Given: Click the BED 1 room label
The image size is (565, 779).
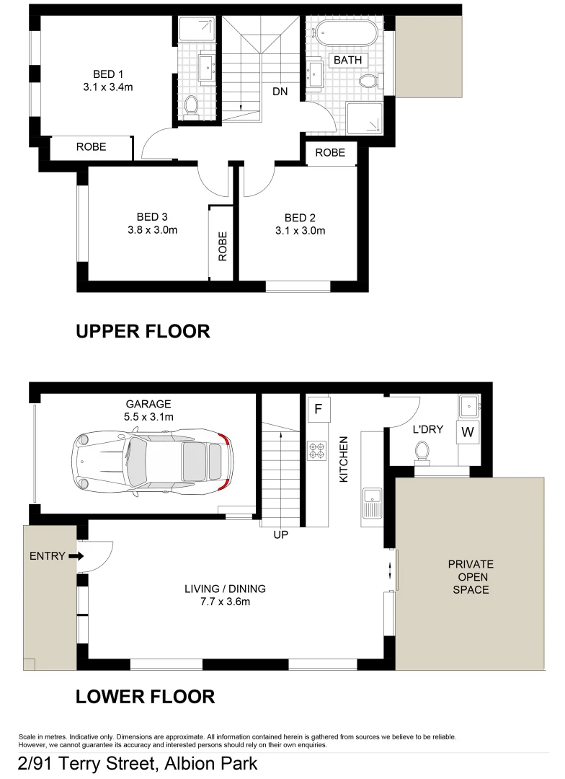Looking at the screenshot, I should (108, 74).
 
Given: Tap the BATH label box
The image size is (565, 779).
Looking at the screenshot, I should (347, 61).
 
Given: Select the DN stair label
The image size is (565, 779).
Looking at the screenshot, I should (282, 92).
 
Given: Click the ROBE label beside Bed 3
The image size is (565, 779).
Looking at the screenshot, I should (222, 246).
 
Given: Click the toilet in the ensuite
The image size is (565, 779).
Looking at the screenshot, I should (191, 107).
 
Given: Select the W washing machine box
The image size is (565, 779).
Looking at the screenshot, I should (467, 432).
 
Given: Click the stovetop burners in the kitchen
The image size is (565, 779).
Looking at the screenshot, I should (317, 451).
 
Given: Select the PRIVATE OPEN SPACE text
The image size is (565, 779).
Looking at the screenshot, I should (470, 577).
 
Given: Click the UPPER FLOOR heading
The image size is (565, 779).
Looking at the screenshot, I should (143, 331).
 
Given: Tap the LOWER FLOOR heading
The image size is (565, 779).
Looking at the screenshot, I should (145, 697).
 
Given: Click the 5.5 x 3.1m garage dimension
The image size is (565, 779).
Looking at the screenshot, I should (148, 418).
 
